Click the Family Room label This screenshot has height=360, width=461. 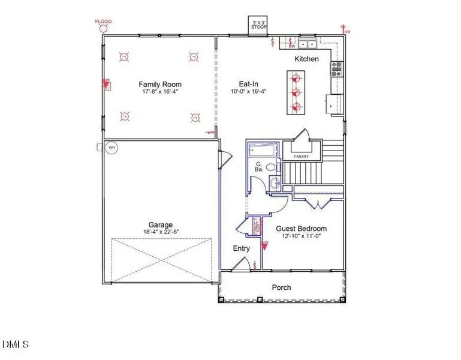tap(160, 85)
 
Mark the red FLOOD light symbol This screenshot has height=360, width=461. tap(103, 28)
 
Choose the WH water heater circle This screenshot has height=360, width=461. tap(112, 148)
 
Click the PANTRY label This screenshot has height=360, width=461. tap(301, 157)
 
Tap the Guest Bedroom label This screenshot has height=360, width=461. tap(301, 229)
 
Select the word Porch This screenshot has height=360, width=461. tap(281, 287)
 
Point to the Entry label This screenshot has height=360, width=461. tap(241, 248)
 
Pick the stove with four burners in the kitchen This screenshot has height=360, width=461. tap(337, 69)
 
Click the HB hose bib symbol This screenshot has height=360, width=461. tap(345, 28)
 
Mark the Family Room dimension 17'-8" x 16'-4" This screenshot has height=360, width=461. tap(160, 92)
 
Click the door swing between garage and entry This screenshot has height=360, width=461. tap(224, 158)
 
